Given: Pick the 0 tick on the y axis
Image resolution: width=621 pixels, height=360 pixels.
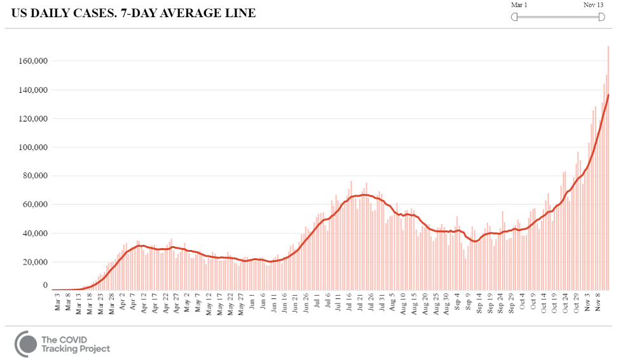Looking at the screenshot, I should click(x=46, y=286).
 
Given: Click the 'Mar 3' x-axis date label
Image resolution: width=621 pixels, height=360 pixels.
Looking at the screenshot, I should click(x=58, y=303).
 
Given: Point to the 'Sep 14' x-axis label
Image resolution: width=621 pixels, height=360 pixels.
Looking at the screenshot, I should click(x=478, y=305).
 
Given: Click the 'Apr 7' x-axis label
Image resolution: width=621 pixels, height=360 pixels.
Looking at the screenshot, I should click(x=133, y=303).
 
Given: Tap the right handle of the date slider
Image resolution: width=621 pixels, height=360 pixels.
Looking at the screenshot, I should click(x=601, y=17).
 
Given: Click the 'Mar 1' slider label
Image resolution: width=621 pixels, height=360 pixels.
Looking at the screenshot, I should click(x=519, y=5).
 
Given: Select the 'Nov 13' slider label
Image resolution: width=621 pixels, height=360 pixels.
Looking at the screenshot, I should click(x=594, y=5).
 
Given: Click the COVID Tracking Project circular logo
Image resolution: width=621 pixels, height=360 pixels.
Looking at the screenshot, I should click(x=26, y=343).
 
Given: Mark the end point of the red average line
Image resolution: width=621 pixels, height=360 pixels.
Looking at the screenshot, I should click(x=608, y=95).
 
